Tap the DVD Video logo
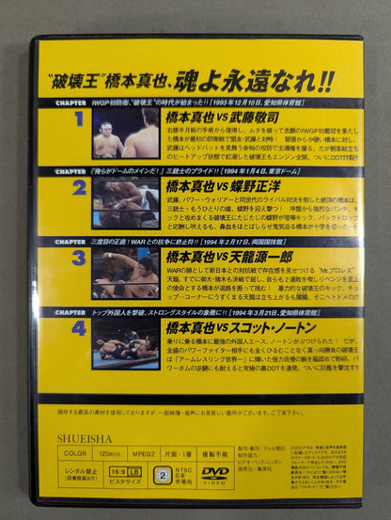[x=215, y=473]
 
